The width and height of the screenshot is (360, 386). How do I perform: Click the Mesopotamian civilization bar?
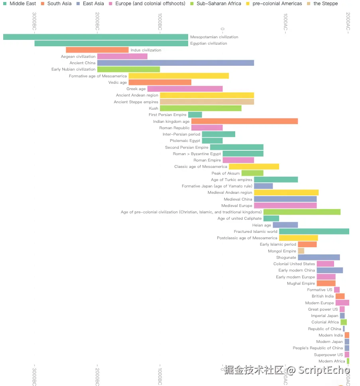tap(96, 37)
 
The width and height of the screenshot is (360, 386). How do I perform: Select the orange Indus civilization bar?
tap(97, 50)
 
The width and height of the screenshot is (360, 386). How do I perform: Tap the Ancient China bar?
tap(175, 63)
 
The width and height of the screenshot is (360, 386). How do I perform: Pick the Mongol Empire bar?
tap(301, 251)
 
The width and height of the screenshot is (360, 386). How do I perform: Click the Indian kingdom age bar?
tap(244, 121)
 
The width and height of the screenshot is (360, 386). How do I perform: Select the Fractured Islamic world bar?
tap(314, 231)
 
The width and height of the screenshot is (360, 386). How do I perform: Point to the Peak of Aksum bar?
tap(252, 173)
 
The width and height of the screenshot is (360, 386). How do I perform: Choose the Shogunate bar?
tap(319, 257)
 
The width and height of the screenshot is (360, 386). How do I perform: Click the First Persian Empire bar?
tap(195, 115)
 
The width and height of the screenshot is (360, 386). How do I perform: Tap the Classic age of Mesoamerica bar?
tap(254, 167)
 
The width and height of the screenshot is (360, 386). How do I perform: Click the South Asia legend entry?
tap(59, 4)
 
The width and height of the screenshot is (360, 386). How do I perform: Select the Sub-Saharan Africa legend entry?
tap(218, 4)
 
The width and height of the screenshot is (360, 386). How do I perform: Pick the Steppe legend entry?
tap(325, 4)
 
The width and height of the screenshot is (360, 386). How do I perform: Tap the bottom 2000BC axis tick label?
tap(97, 376)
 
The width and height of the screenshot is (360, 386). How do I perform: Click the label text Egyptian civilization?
tap(209, 43)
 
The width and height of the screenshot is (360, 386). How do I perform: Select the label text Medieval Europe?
tap(237, 206)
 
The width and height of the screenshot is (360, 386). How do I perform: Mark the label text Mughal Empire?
tap(301, 284)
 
